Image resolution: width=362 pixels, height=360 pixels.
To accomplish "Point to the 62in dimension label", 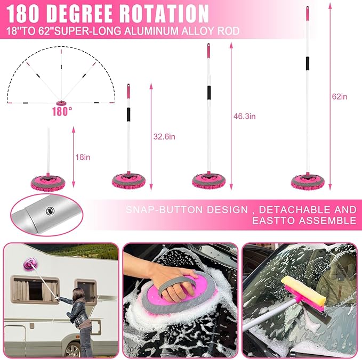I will tap(339, 96).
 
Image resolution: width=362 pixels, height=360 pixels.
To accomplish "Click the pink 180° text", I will tap(62, 112).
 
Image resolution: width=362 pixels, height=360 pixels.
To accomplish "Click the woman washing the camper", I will tap(81, 320).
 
